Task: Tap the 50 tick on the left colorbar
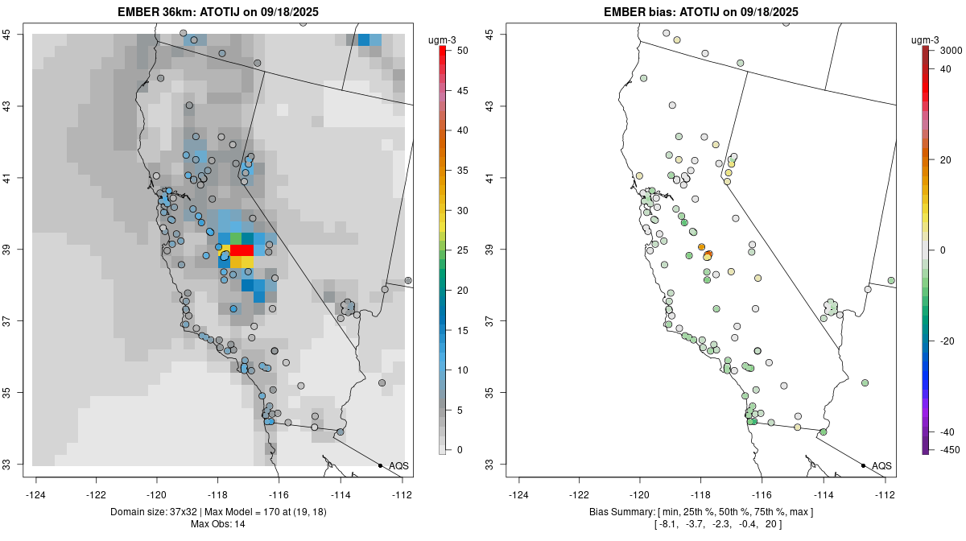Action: pos(456,50)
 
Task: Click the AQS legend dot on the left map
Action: pos(380,465)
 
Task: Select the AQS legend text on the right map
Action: pos(881,465)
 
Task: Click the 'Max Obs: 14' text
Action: pos(218,524)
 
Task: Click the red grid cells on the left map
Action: pos(242,250)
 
